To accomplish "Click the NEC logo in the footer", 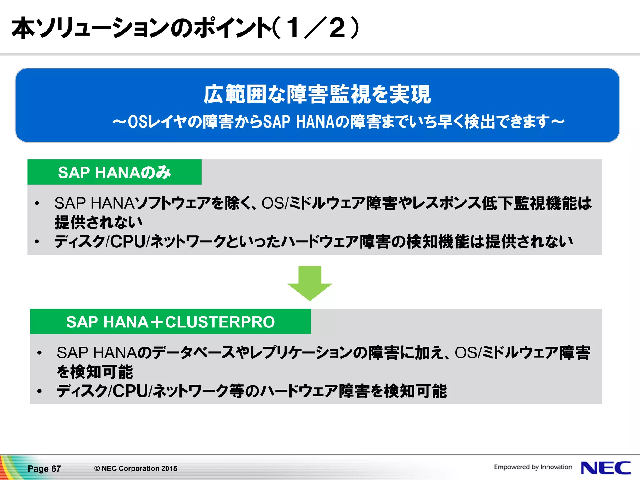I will pos(606,468).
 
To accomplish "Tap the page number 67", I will pos(56,469).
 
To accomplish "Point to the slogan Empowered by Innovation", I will pos(533,467).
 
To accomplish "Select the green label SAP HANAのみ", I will pos(114,172).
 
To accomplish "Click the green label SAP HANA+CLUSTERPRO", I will pos(170,322).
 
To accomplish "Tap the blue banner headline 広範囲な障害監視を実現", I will pos(317,94).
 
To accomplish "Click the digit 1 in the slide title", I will pos(293,28).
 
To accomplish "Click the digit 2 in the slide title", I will pos(337,28).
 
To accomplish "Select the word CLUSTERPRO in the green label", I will pos(220,322).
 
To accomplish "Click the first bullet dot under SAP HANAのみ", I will pos(37,203).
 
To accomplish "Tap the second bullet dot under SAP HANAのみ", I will pos(37,242).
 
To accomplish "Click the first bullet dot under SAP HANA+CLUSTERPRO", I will pos(39,353).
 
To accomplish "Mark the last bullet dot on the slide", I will pos(39,391).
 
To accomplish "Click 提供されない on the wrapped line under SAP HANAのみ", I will pos(98,222).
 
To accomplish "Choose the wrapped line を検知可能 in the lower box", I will pos(95,372).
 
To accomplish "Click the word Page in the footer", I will pos(38,469).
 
